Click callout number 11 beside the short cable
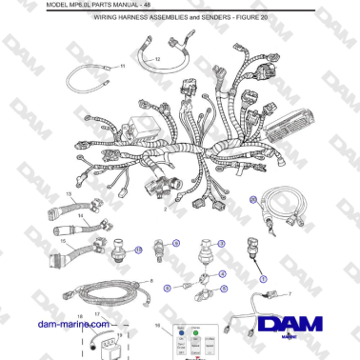[x=122, y=67]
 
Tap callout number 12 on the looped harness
[x=157, y=59]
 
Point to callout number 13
[x=68, y=193]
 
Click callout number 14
[x=81, y=217]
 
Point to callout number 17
[x=96, y=313]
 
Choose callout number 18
[x=80, y=313]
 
